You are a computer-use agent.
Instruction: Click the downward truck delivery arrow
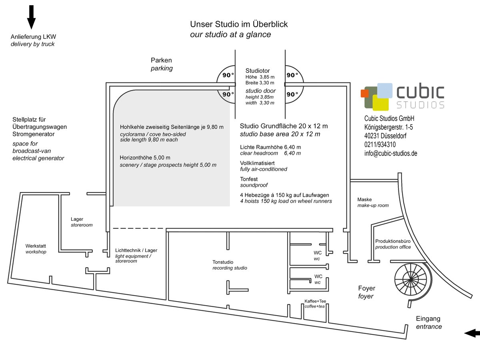click(x=32, y=17)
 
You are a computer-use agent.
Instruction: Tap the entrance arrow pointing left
click(x=472, y=333)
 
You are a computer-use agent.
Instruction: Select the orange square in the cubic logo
click(x=364, y=93)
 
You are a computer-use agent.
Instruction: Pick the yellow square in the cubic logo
click(x=381, y=102)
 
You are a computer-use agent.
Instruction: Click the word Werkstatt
click(x=36, y=246)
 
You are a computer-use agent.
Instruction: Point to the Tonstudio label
click(x=223, y=262)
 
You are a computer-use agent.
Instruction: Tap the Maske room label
click(x=364, y=199)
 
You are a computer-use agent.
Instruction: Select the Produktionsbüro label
click(x=393, y=241)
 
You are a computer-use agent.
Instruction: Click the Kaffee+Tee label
click(x=315, y=301)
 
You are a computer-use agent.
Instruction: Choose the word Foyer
click(x=367, y=288)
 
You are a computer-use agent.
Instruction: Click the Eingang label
click(x=428, y=319)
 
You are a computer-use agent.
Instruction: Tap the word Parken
click(x=161, y=60)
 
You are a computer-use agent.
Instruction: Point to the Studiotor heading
click(x=258, y=71)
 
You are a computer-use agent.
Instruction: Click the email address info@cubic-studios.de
click(x=391, y=153)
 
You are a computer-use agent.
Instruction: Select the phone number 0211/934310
click(x=380, y=144)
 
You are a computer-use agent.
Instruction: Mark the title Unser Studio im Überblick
click(x=239, y=24)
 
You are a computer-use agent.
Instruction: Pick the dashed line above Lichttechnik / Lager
click(x=138, y=228)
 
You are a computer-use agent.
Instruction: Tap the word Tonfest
click(x=249, y=179)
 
